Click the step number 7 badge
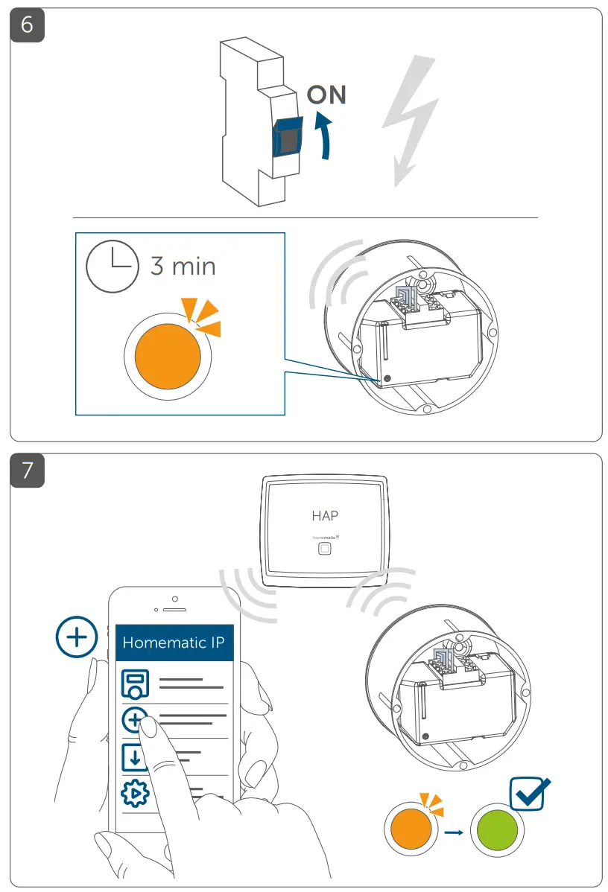point(27,470)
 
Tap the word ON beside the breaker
point(326,95)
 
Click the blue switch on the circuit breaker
point(288,136)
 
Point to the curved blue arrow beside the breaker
point(323,134)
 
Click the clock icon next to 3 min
point(112,267)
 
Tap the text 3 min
point(183,266)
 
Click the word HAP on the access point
point(325,515)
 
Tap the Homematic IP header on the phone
point(175,642)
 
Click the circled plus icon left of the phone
point(77,638)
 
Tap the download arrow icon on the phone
point(134,757)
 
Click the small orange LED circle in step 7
point(409,832)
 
